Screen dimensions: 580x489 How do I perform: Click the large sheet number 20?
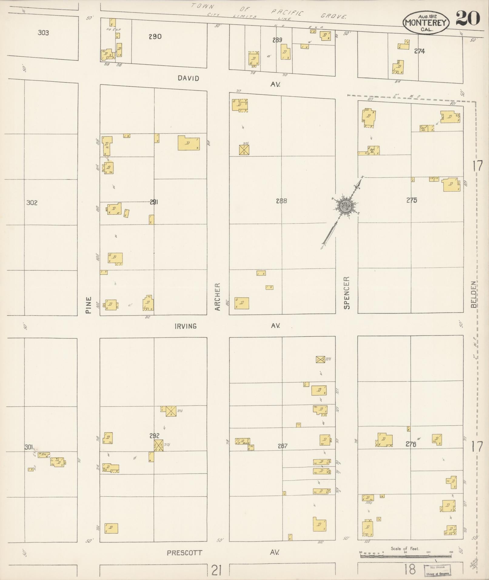[467, 18]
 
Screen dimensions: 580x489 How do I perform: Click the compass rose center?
[346, 206]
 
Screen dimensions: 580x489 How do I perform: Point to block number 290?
[155, 37]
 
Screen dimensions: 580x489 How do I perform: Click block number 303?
[43, 32]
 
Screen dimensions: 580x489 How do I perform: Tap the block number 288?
[281, 201]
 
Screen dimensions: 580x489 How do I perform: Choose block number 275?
[412, 200]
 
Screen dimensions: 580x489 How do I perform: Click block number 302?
[32, 203]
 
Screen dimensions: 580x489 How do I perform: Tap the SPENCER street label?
[347, 293]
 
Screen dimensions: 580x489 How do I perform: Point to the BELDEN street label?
[474, 294]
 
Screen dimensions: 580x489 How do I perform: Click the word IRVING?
[186, 326]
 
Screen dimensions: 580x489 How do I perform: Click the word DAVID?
[188, 78]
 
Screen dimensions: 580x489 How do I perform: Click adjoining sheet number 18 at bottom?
[410, 569]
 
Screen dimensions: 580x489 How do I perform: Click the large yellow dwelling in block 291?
[189, 143]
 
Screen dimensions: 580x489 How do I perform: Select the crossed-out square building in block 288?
[244, 150]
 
